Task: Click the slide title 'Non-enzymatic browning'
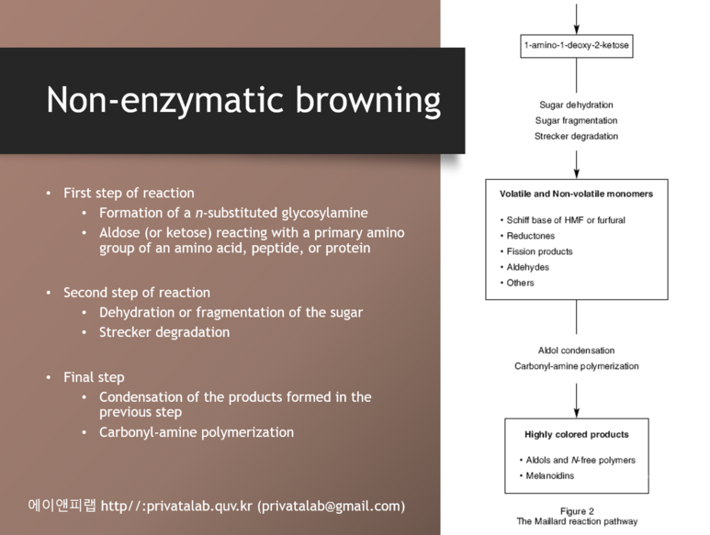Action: [243, 100]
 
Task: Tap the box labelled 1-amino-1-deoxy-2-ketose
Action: [577, 45]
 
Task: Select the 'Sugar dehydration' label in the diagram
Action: [576, 106]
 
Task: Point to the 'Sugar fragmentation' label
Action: [576, 121]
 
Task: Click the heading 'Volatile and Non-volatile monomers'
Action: [576, 195]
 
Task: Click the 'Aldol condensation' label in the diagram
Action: [576, 351]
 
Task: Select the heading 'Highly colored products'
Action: [576, 434]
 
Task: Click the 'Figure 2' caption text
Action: [577, 511]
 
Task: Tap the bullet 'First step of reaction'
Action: [129, 193]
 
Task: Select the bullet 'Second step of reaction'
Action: [137, 293]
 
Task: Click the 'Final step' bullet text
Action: [94, 377]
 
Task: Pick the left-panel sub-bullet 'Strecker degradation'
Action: [164, 332]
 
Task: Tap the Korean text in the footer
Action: [62, 506]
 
